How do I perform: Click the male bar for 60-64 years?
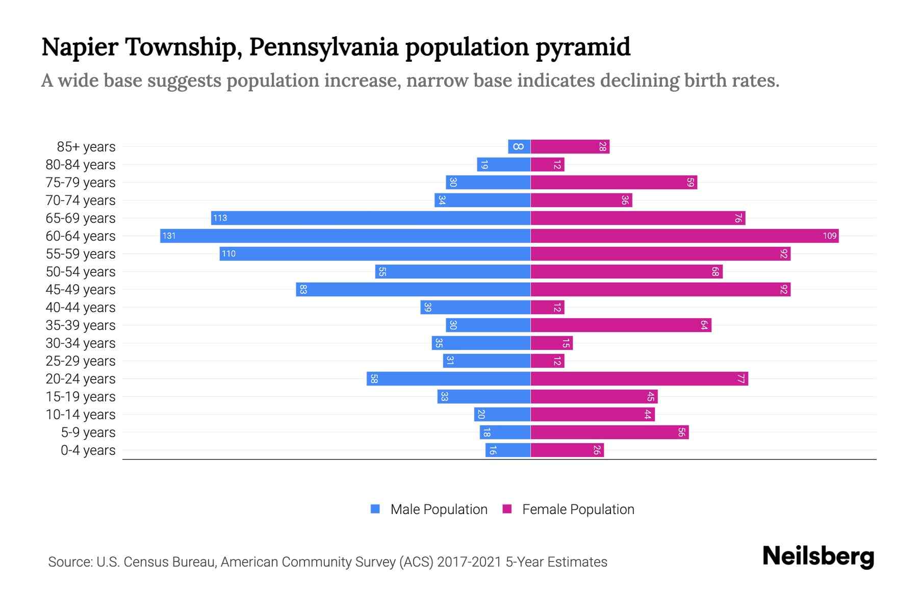pyautogui.click(x=345, y=236)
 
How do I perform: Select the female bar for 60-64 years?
pyautogui.click(x=684, y=236)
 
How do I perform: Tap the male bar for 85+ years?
pyautogui.click(x=519, y=146)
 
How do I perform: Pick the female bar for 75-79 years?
pyautogui.click(x=614, y=182)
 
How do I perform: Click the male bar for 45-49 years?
pyautogui.click(x=413, y=289)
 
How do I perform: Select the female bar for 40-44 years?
pyautogui.click(x=547, y=307)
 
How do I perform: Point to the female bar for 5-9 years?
pyautogui.click(x=609, y=432)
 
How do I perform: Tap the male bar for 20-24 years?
pyautogui.click(x=448, y=378)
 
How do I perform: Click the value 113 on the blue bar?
pyautogui.click(x=220, y=218)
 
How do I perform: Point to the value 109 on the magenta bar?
pyautogui.click(x=829, y=236)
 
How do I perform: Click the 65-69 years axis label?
pyautogui.click(x=81, y=218)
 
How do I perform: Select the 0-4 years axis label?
pyautogui.click(x=88, y=450)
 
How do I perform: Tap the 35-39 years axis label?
pyautogui.click(x=81, y=325)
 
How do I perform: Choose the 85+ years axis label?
pyautogui.click(x=86, y=146)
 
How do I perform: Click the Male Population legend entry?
pyautogui.click(x=439, y=509)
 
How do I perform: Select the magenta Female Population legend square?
pyautogui.click(x=507, y=509)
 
